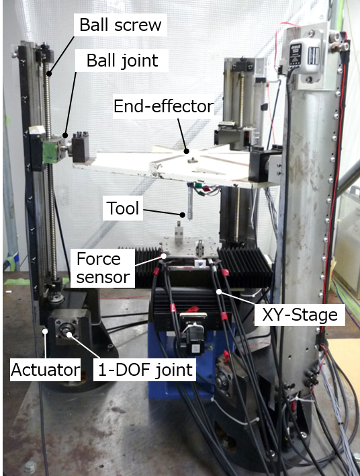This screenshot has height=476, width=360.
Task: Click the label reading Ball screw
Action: (120, 25)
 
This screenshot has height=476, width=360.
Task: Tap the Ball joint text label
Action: (122, 61)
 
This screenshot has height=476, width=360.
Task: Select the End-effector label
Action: (164, 106)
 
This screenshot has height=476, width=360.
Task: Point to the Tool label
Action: (123, 208)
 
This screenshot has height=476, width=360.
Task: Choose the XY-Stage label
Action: (300, 315)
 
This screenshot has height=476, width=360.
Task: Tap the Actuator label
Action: (46, 370)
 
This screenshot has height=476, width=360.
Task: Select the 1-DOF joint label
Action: (145, 370)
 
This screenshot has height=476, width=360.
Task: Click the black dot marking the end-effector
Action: (187, 151)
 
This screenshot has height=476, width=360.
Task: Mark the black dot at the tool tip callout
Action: (182, 215)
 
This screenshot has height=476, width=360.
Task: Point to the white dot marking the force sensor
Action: (164, 256)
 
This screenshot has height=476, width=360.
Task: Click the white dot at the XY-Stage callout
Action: (219, 292)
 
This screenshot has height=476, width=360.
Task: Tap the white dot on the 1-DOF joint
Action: (69, 335)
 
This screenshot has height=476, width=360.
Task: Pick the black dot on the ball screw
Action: (49, 73)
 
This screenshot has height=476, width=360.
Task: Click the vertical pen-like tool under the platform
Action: (190, 202)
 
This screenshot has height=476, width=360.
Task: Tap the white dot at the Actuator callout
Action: (45, 331)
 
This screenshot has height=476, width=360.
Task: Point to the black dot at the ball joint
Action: (65, 134)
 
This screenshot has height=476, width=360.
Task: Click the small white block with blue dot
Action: (201, 264)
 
